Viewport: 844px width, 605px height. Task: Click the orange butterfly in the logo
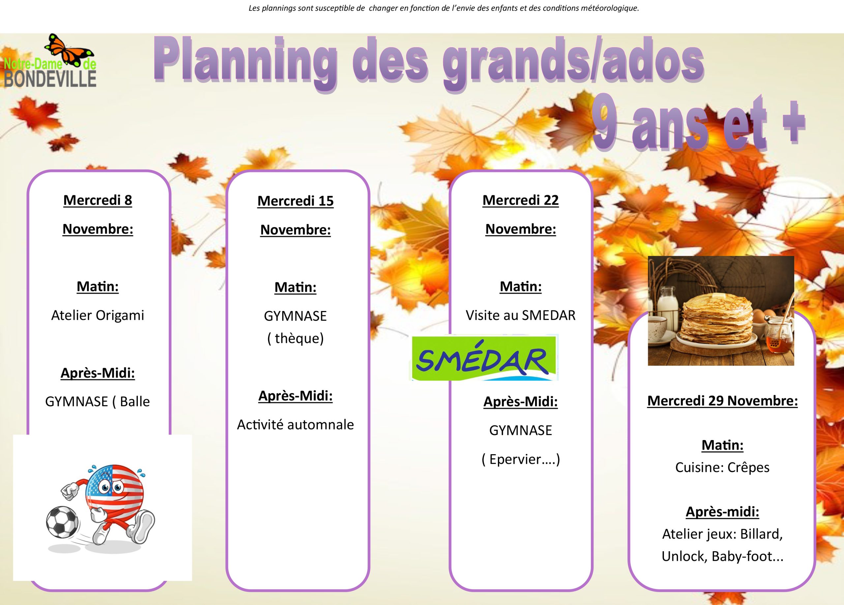click(x=69, y=50)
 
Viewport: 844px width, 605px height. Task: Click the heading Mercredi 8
click(x=98, y=200)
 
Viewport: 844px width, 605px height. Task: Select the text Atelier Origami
click(x=98, y=315)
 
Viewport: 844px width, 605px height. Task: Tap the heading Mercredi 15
click(x=295, y=201)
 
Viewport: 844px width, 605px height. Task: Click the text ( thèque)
click(x=295, y=338)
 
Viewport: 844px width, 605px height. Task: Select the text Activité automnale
click(x=295, y=425)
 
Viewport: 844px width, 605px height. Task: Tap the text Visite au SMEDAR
click(x=521, y=315)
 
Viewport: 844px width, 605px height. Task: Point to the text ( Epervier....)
click(x=521, y=460)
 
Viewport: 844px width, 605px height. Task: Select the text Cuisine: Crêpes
click(x=722, y=467)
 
